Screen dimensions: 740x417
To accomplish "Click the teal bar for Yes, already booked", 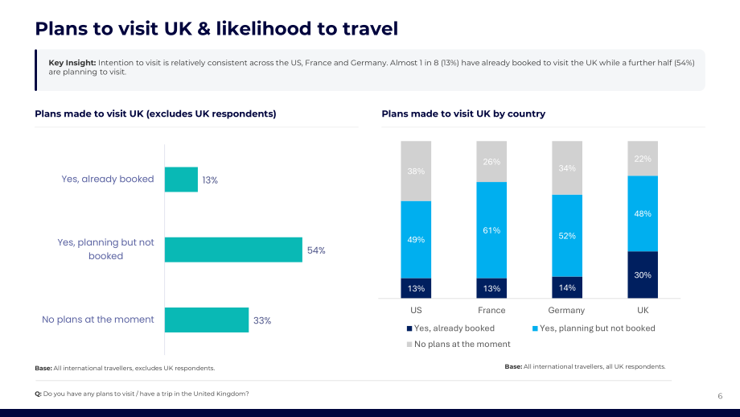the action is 181,180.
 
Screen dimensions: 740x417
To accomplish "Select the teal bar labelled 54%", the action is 233,250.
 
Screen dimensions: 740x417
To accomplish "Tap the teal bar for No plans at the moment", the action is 207,320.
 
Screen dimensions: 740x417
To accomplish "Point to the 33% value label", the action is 262,320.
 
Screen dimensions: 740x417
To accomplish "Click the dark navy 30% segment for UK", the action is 643,275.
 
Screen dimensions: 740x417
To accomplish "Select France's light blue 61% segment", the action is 491,230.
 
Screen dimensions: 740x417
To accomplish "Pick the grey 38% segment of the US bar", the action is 417,171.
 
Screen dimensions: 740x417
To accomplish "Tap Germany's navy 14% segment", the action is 567,287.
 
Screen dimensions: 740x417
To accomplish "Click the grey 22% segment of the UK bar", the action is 643,159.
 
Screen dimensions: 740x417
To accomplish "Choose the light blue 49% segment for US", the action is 417,240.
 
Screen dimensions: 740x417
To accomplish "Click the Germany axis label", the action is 566,310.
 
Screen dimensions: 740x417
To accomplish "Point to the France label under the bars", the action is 491,310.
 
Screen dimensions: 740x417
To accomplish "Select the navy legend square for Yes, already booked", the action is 409,328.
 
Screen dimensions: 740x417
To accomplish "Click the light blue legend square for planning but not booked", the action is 535,328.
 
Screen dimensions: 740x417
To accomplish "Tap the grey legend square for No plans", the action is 409,345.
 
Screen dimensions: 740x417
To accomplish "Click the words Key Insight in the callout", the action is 72,63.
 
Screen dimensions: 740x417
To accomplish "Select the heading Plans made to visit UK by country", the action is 463,114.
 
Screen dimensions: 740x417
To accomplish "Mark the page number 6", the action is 720,396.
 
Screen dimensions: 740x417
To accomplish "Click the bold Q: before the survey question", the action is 39,394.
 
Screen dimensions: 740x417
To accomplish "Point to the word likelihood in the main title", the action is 264,29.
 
